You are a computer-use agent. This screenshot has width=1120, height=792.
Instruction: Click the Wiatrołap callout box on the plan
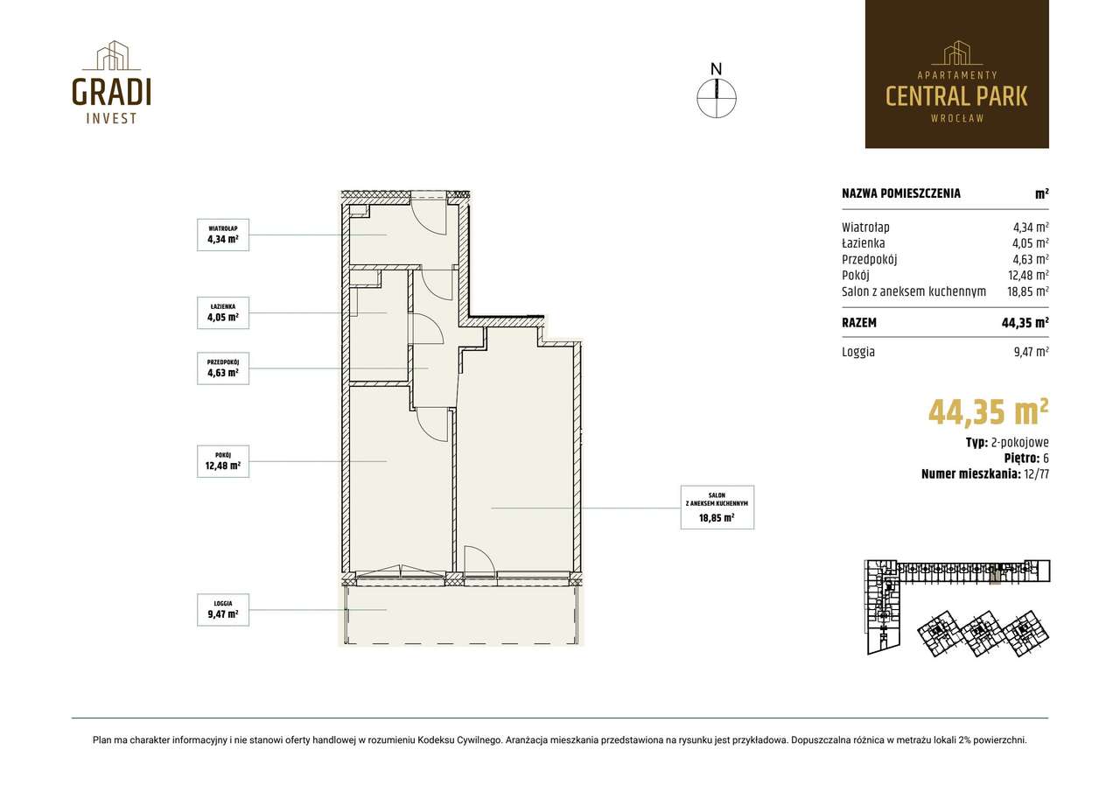point(223,235)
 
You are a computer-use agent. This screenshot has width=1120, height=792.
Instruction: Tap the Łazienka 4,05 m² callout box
point(223,312)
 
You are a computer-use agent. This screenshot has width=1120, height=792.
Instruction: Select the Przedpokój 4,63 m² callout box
point(223,368)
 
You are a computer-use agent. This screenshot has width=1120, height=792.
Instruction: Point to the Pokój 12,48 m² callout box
point(223,461)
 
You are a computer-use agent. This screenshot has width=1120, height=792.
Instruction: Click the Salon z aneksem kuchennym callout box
point(717,507)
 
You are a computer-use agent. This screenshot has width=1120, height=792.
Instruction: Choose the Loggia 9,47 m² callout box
point(223,609)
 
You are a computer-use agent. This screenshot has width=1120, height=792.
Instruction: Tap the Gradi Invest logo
point(111,82)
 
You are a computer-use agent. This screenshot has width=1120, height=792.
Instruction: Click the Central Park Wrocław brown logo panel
point(957,74)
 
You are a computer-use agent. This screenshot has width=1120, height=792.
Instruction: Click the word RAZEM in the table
point(859,323)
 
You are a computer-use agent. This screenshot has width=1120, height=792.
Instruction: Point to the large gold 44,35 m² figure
point(988,412)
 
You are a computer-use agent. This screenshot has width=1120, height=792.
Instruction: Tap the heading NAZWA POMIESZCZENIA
point(901,193)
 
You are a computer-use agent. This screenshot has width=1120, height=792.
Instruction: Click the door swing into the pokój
point(432,424)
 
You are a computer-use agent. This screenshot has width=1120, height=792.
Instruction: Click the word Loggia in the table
point(858,352)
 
